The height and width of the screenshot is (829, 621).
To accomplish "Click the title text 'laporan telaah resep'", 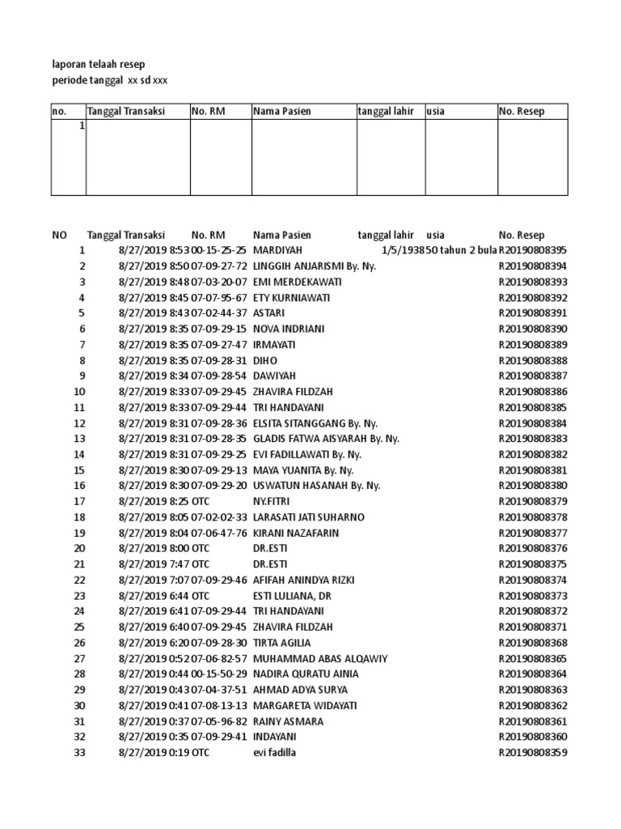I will click(x=98, y=64).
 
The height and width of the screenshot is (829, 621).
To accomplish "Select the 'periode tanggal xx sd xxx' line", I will click(x=109, y=80).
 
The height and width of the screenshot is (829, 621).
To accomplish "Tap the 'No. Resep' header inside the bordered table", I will click(x=522, y=112).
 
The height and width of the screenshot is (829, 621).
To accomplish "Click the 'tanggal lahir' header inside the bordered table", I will click(x=386, y=112).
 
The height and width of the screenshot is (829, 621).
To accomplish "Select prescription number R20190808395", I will click(x=533, y=250).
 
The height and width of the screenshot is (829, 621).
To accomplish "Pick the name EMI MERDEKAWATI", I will click(x=297, y=282).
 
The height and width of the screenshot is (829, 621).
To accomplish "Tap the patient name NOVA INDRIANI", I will click(x=290, y=329).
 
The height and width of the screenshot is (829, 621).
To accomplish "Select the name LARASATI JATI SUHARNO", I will click(x=308, y=517).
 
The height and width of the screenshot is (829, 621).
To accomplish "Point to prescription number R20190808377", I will click(x=533, y=533).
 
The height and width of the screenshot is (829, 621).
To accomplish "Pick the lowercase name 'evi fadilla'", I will click(x=276, y=752).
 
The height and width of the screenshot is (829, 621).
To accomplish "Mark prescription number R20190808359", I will click(x=533, y=752).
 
